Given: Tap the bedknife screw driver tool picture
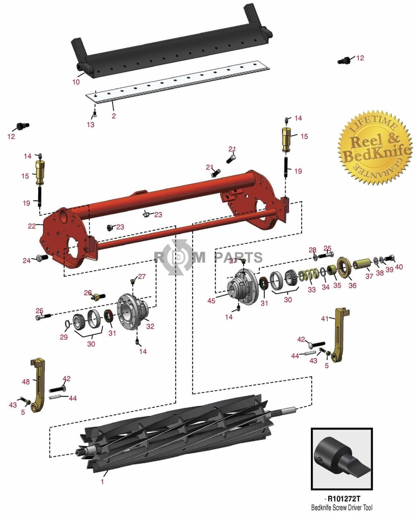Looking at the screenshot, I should [x=341, y=459].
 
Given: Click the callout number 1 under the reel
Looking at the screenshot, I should [x=102, y=482].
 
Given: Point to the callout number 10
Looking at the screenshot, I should [x=76, y=82].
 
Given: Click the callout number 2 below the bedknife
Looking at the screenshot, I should [x=114, y=116].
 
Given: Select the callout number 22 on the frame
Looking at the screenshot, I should [x=32, y=226].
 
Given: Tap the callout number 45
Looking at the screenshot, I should [x=212, y=301].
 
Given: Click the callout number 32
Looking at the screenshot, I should [x=150, y=326].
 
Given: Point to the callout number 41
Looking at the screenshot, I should [x=325, y=318].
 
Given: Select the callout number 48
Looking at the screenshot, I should [x=26, y=381].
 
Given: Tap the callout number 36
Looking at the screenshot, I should [x=352, y=285].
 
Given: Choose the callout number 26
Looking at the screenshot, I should [x=88, y=293].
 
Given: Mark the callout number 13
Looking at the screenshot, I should [x=90, y=125].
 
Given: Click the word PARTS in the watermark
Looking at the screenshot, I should [x=238, y=257].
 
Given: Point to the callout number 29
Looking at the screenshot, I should [x=64, y=337].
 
